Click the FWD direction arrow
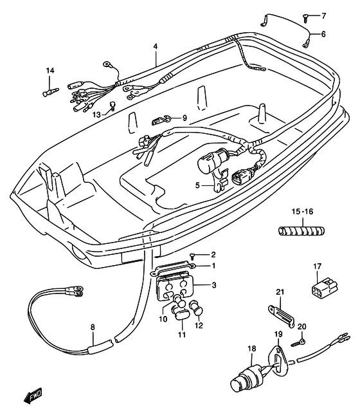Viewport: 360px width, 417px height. coord(32,396)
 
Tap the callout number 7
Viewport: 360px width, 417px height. coord(323,16)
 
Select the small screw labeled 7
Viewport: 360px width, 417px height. coord(305,19)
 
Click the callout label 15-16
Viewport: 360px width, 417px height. coord(302,212)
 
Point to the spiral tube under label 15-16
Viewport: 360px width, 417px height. coord(301,230)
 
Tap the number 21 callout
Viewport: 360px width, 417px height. coord(280,292)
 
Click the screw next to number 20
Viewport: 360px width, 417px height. coord(298,343)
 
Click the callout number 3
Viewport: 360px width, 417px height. coord(214,285)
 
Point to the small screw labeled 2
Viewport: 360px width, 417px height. coord(192,256)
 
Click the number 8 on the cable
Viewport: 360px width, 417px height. coord(93,327)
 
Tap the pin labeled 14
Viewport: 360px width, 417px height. coord(51,92)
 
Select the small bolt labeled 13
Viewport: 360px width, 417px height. coord(113,106)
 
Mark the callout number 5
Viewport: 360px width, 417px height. coord(197,185)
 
